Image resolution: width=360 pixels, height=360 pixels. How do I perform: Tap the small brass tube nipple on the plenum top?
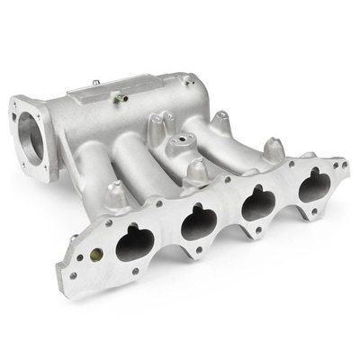[120, 98]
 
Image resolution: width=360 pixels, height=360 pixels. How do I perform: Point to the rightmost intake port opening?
[314, 186]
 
